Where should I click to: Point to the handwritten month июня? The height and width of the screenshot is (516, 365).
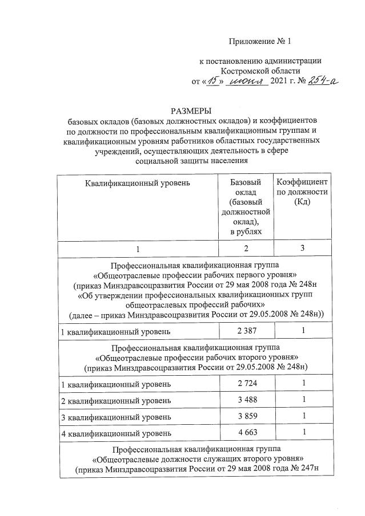point(247,82)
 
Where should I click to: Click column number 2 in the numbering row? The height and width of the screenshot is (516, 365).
point(246,247)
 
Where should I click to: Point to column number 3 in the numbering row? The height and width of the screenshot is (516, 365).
point(302,247)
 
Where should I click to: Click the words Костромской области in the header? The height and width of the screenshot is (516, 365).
point(260,71)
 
